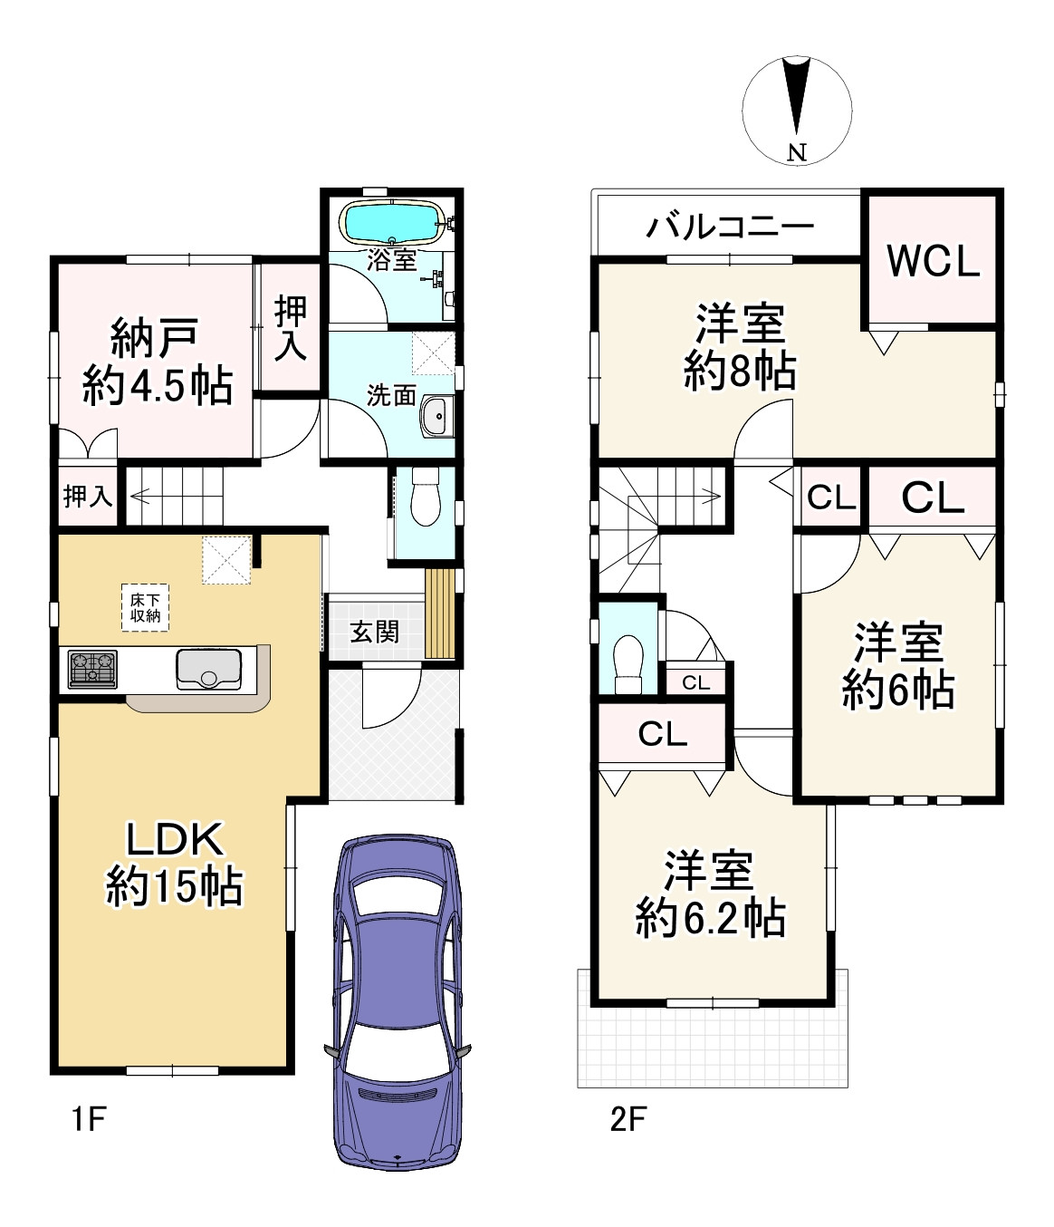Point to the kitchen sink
pyautogui.click(x=208, y=669)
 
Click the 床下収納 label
pyautogui.click(x=145, y=608)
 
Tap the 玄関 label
pyautogui.click(x=374, y=631)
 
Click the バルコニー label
pyautogui.click(x=730, y=227)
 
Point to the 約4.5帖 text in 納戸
pyautogui.click(x=158, y=387)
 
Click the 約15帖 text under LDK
pyautogui.click(x=174, y=886)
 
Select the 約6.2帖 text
pyautogui.click(x=709, y=919)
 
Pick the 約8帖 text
pyautogui.click(x=740, y=371)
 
